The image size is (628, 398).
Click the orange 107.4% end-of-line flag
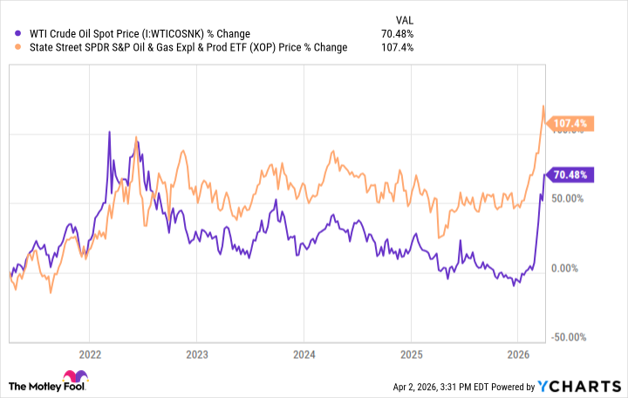pyautogui.click(x=571, y=124)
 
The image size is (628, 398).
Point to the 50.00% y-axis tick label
pyautogui.click(x=567, y=198)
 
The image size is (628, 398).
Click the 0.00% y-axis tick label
pyautogui.click(x=570, y=268)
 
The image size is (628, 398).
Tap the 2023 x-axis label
pyautogui.click(x=196, y=354)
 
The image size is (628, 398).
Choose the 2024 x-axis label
pyautogui.click(x=303, y=354)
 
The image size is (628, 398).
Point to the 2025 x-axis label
pyautogui.click(x=410, y=354)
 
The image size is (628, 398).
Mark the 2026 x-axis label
pyautogui.click(x=516, y=354)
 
